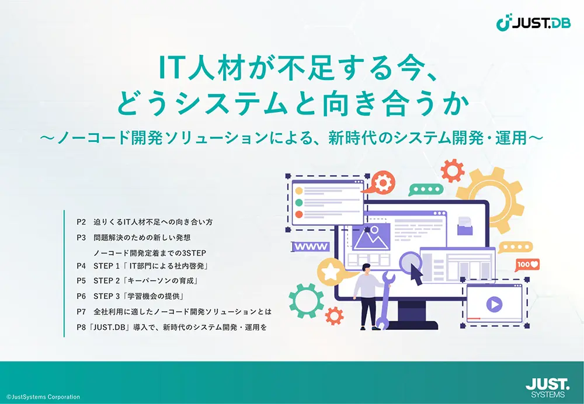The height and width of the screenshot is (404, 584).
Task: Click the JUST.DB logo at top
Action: (x=533, y=23)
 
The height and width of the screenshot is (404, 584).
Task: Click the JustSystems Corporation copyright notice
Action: (x=43, y=397)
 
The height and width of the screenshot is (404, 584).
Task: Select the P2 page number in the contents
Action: (x=81, y=222)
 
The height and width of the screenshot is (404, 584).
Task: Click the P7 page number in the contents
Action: (x=81, y=312)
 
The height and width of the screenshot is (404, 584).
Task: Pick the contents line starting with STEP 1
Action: (x=151, y=266)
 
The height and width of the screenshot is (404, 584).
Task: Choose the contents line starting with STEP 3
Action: (x=139, y=297)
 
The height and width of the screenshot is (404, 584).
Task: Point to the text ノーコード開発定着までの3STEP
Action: (x=150, y=253)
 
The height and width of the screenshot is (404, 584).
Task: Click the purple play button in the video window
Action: (x=494, y=305)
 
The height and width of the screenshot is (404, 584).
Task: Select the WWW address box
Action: (x=311, y=246)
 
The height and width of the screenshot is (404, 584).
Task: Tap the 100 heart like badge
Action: (x=527, y=264)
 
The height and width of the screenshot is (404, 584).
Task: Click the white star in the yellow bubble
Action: (x=329, y=272)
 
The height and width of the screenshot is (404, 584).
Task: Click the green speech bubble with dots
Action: (x=425, y=189)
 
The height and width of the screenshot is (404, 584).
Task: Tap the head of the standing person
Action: (x=367, y=268)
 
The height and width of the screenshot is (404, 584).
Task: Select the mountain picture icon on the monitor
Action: (x=371, y=236)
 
